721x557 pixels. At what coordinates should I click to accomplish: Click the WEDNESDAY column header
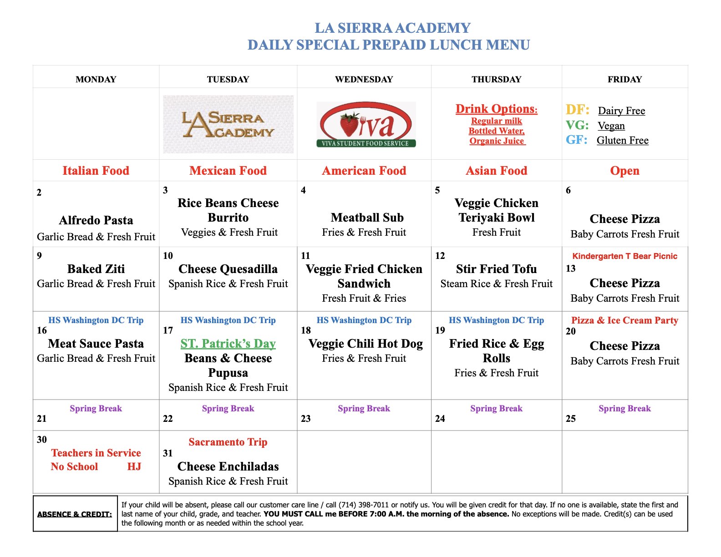[364, 79]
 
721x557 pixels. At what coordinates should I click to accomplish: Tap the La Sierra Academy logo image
[228, 124]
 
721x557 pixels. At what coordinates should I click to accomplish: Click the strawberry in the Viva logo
[350, 125]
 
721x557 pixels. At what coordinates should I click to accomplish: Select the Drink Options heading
[496, 109]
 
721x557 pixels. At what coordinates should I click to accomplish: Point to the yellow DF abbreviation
[577, 110]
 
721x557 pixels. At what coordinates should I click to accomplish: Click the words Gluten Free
[622, 140]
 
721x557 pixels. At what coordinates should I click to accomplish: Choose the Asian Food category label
[496, 171]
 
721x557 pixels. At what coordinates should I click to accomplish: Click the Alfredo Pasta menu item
[96, 220]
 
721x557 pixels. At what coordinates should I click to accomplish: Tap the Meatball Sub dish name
[367, 218]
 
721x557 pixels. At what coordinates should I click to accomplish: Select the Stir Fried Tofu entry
[496, 269]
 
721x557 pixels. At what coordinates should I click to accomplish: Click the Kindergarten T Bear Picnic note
[625, 256]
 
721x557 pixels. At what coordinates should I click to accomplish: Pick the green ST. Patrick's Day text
[228, 344]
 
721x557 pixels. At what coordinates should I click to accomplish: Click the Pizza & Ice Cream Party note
[625, 320]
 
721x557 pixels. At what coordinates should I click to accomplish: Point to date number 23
[305, 419]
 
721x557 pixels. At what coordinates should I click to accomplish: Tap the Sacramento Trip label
[228, 442]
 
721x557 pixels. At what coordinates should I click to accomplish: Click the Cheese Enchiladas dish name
[228, 466]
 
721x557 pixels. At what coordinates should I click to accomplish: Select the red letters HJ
[134, 466]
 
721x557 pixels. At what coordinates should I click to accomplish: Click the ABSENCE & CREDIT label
[75, 514]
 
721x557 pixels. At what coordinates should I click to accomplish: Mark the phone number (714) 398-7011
[363, 505]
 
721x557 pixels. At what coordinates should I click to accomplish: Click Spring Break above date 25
[625, 408]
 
